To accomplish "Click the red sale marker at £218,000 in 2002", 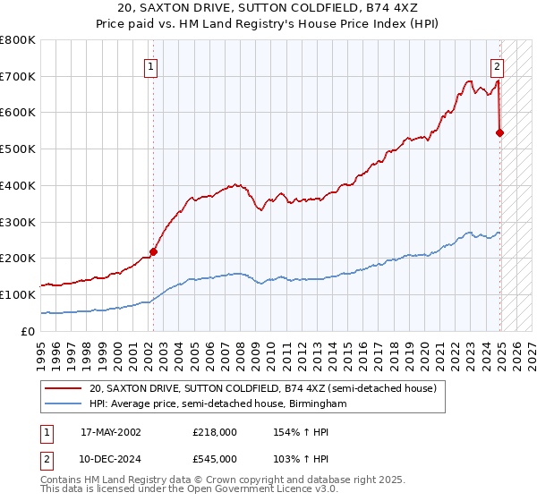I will tap(153, 251).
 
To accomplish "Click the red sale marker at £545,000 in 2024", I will tap(499, 132).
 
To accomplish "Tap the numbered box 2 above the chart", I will tap(497, 65).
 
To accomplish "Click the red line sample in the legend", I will tap(62, 388).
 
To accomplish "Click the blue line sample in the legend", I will tap(62, 404).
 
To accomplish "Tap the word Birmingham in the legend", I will tap(315, 404).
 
